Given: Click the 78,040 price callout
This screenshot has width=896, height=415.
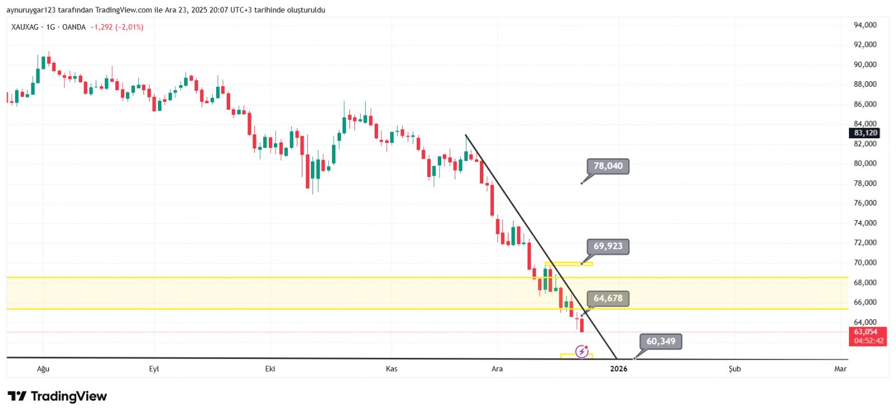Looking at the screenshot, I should [608, 166].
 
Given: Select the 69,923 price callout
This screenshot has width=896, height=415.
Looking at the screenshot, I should [608, 246].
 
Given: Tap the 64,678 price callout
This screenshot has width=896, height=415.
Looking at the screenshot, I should [608, 299].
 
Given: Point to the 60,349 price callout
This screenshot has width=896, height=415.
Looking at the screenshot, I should [661, 342].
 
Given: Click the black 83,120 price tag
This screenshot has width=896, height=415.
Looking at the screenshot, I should [865, 133].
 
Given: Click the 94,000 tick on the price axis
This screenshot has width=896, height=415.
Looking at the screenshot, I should [865, 25].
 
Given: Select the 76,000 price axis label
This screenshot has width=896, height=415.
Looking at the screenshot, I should [865, 203].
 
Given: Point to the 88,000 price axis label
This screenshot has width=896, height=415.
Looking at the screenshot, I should [865, 85].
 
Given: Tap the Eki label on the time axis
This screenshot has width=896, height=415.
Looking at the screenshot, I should [270, 369].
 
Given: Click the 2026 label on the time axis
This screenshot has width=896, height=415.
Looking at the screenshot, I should [619, 369].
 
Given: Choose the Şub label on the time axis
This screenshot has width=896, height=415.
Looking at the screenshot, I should [735, 369].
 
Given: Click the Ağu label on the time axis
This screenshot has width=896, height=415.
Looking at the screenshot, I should [43, 369].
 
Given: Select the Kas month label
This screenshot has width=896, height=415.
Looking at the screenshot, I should [391, 369].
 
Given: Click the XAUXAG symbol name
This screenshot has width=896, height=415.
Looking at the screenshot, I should [25, 27].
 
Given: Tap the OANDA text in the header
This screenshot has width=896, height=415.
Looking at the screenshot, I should [74, 27].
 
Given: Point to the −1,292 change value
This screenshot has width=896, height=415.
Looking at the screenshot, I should [101, 27].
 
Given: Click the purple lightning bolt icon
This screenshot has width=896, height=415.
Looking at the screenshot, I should [582, 352].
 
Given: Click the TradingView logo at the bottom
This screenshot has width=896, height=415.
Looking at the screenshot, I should [57, 397].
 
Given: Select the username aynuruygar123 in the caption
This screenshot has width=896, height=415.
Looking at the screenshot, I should [30, 10].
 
